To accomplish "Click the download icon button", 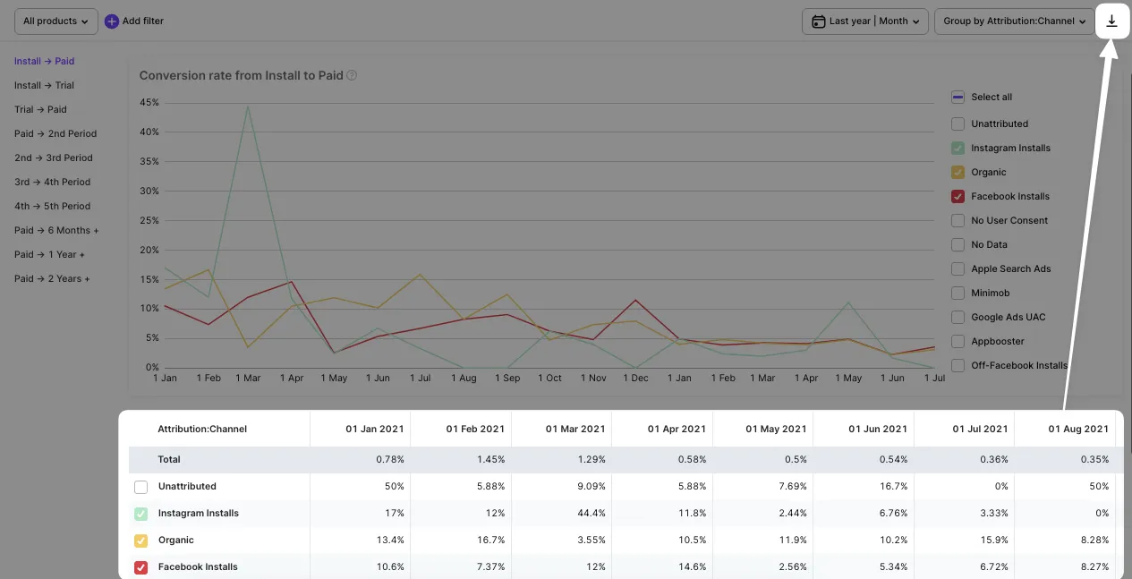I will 1111,21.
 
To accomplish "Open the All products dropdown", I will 56,21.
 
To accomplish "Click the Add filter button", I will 134,21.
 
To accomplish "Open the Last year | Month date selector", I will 864,21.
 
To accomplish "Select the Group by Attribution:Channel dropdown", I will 1014,21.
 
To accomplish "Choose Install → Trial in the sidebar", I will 44,86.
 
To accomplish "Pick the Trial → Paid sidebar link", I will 40,110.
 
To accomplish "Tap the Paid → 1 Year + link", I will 49,255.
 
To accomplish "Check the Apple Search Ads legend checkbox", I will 958,269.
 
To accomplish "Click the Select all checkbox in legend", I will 958,98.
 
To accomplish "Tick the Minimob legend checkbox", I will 958,294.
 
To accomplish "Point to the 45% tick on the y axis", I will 149,103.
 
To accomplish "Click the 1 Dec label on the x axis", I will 635,379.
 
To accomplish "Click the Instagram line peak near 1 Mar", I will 248,107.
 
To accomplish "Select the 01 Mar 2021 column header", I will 576,430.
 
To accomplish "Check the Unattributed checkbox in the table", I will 141,487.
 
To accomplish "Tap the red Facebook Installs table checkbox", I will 141,567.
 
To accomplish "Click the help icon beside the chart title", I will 352,76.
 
